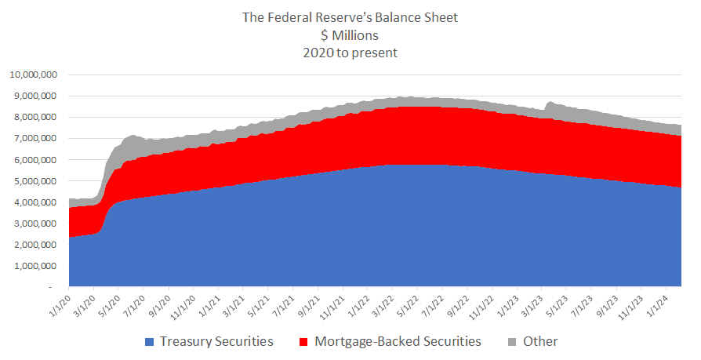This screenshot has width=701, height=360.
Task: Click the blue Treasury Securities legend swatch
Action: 150,342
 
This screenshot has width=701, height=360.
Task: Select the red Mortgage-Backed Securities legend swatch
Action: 304,342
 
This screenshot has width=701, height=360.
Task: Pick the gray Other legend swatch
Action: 511,342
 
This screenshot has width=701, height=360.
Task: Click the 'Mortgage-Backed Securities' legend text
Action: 398,342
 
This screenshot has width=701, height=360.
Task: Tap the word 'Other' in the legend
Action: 539,342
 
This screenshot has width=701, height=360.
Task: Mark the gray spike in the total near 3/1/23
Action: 549,104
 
